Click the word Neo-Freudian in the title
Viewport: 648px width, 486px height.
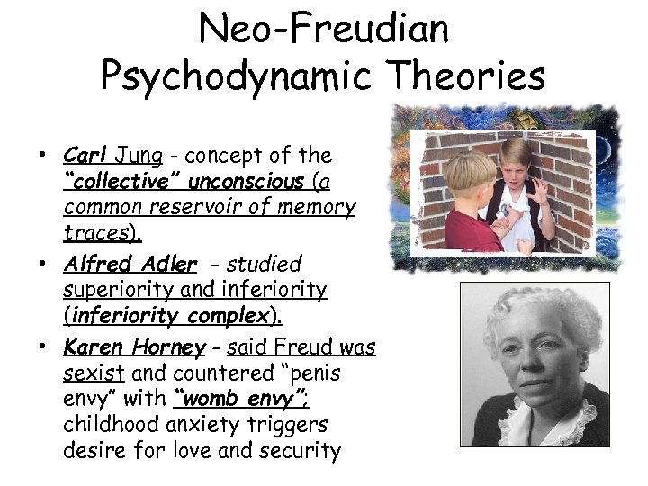pos(323,29)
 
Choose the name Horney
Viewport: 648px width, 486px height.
pos(171,346)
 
